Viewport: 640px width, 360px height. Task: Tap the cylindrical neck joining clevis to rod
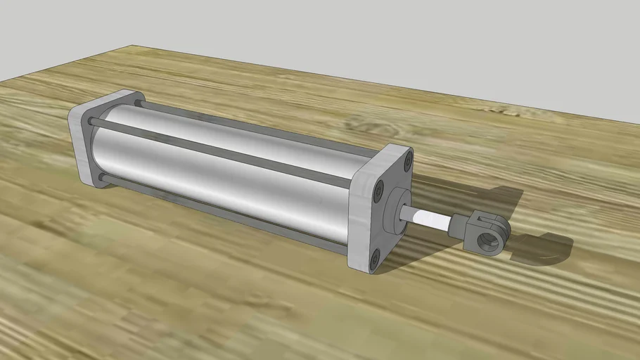(x=458, y=226)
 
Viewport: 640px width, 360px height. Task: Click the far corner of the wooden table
(x=134, y=47)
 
